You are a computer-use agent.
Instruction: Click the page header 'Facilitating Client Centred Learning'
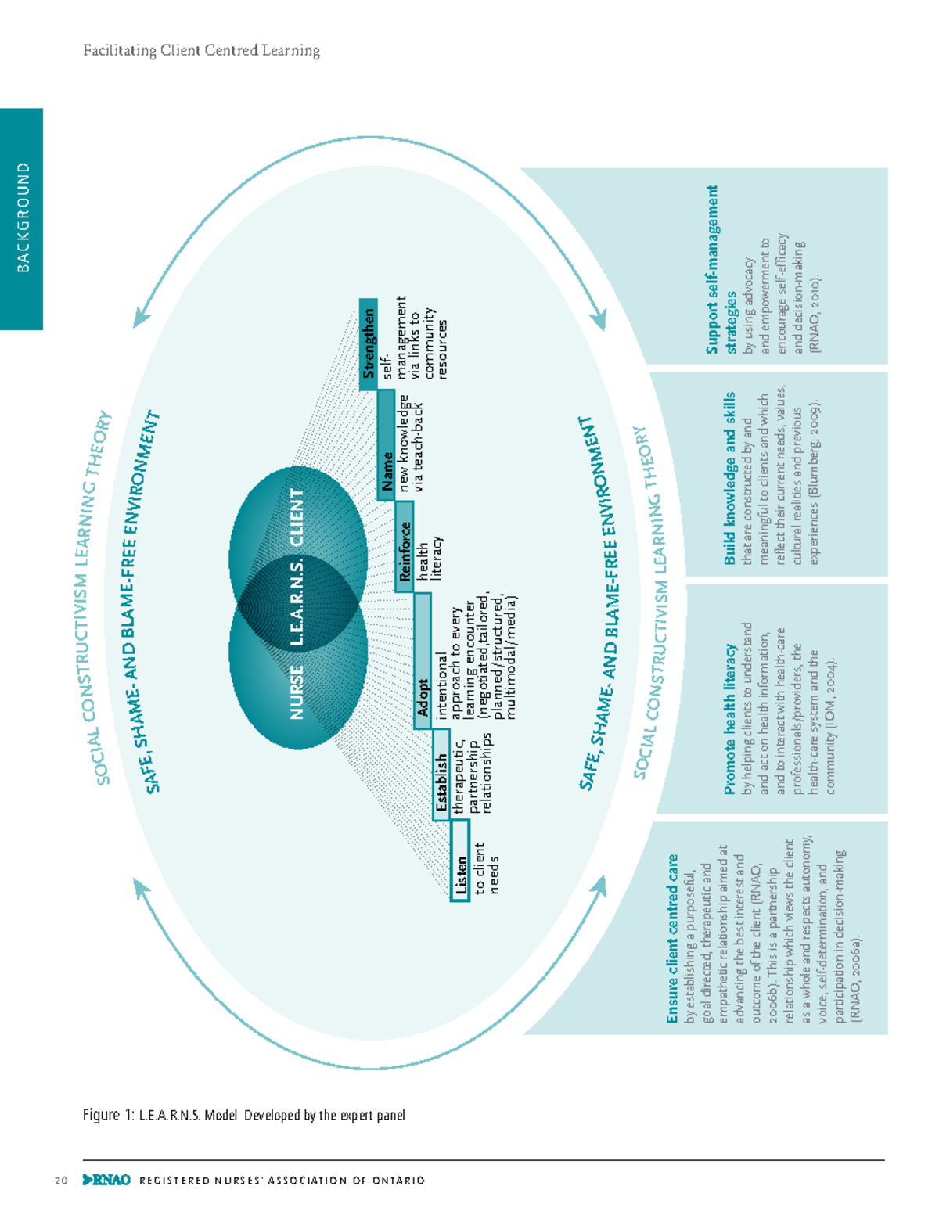click(201, 52)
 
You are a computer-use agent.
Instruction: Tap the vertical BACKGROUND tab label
click(23, 217)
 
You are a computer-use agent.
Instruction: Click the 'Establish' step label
click(441, 775)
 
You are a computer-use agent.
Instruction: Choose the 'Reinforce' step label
click(404, 552)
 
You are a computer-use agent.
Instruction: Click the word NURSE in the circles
click(296, 692)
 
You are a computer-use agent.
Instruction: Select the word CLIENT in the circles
click(296, 518)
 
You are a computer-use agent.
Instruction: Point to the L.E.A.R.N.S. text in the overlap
click(296, 602)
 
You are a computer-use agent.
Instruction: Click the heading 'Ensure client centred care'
click(672, 939)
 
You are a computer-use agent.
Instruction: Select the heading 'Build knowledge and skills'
click(729, 478)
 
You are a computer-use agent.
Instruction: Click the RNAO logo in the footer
click(106, 1180)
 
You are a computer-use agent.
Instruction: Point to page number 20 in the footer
click(61, 1181)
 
